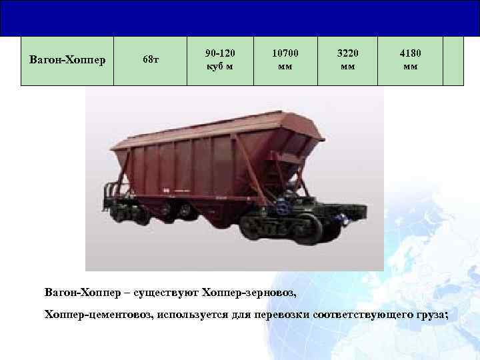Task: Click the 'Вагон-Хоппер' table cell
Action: click(67, 61)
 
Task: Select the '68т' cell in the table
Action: click(151, 61)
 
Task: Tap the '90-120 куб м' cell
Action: click(220, 61)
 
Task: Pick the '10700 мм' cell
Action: click(285, 61)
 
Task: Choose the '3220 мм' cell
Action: click(347, 61)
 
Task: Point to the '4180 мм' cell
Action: click(411, 61)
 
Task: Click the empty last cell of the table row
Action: click(453, 61)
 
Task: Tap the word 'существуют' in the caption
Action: click(163, 293)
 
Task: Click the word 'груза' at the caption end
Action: click(431, 314)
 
